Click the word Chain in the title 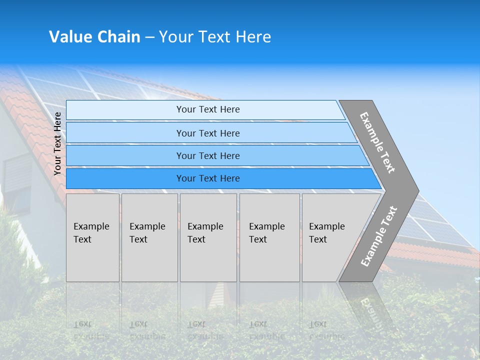[119, 37]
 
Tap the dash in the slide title [149, 37]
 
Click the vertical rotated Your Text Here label [57, 143]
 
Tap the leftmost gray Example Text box [92, 237]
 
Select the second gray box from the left [149, 237]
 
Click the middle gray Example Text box [208, 237]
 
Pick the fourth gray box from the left [269, 237]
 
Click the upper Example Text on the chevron [377, 142]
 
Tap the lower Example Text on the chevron [379, 236]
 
